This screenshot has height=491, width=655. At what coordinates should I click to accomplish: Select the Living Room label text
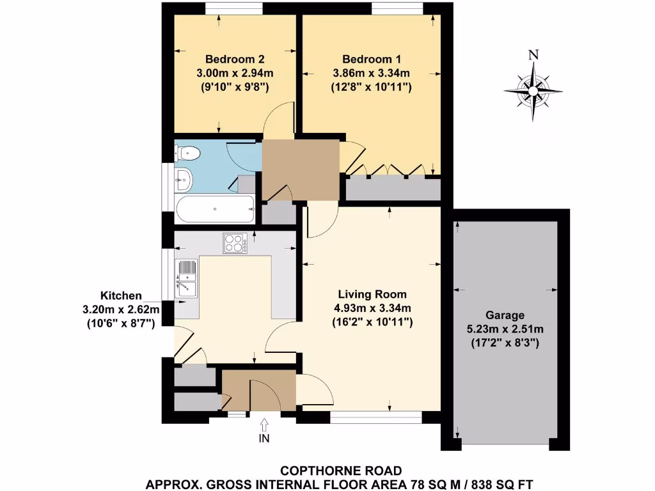372,295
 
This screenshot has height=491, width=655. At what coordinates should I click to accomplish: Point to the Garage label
504,315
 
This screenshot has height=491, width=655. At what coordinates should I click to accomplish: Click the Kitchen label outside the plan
120,295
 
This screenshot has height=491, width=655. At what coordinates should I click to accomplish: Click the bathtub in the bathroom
215,208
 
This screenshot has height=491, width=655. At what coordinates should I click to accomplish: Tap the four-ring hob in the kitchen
235,243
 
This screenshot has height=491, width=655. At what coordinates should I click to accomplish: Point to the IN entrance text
264,439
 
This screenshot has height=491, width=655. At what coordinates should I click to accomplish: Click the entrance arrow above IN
264,424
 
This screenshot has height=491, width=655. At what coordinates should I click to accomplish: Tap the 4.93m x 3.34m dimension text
372,308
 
